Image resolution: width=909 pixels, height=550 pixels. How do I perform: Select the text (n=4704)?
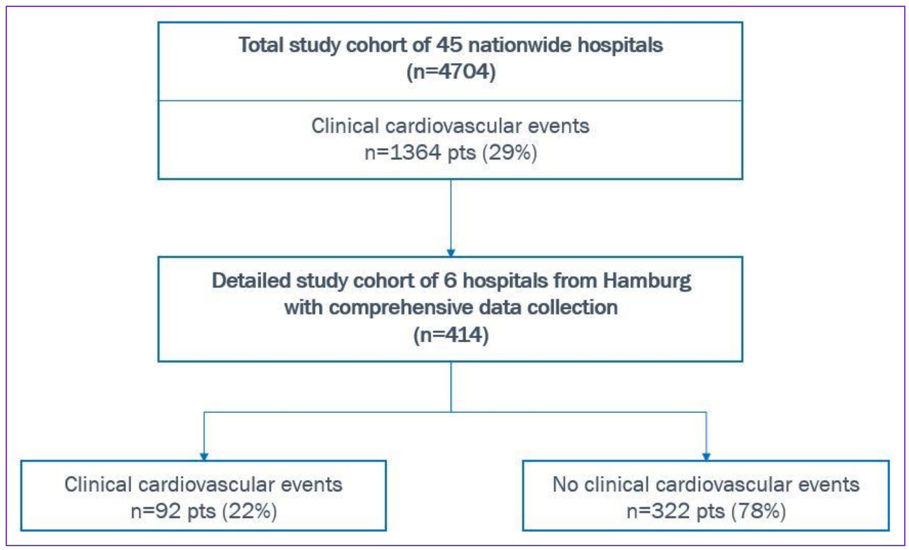tap(451, 72)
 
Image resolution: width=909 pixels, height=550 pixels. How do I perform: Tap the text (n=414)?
tap(451, 335)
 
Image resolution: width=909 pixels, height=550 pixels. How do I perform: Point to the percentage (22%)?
tap(249, 511)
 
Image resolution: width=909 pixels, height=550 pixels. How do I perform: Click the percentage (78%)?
tap(758, 511)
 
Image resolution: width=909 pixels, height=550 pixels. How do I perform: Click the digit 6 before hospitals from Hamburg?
tap(450, 281)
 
